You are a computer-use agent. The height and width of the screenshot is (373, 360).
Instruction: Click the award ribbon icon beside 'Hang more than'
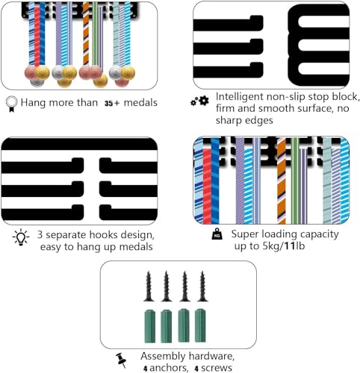tap(12, 104)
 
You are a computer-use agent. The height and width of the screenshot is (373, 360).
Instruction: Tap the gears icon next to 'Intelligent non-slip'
tap(199, 101)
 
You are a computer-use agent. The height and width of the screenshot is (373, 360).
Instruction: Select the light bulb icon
tap(21, 237)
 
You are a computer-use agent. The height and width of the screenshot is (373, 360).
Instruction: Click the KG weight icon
tap(217, 234)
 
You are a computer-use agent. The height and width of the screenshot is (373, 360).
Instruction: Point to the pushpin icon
tap(121, 360)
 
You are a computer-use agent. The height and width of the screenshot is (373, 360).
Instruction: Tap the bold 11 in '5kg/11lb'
tap(290, 246)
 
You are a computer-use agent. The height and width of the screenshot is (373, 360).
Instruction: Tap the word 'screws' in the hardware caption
tap(217, 368)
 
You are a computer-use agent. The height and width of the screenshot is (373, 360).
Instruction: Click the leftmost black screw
tap(149, 286)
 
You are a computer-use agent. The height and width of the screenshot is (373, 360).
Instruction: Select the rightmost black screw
tap(202, 286)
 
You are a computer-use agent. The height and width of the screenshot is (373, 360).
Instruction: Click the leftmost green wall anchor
tap(150, 326)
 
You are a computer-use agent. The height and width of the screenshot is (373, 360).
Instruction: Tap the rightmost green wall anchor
tap(200, 325)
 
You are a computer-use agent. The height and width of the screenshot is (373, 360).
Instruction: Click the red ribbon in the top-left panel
tap(37, 37)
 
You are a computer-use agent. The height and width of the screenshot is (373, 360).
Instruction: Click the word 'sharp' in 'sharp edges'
tap(229, 121)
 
